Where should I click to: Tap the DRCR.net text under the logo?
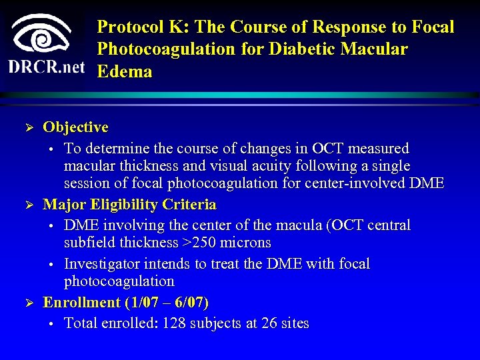click(x=47, y=67)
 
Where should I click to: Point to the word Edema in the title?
click(x=125, y=71)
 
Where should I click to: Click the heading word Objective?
click(x=75, y=127)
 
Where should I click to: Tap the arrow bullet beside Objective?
click(x=27, y=127)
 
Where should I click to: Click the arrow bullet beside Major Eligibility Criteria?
click(x=27, y=205)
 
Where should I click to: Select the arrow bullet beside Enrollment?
click(x=27, y=303)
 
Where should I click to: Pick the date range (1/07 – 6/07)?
click(x=167, y=303)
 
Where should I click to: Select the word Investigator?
click(x=102, y=264)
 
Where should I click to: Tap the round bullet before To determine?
click(x=51, y=149)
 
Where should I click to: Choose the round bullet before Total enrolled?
click(x=51, y=325)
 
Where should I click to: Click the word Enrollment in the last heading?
click(x=81, y=303)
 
